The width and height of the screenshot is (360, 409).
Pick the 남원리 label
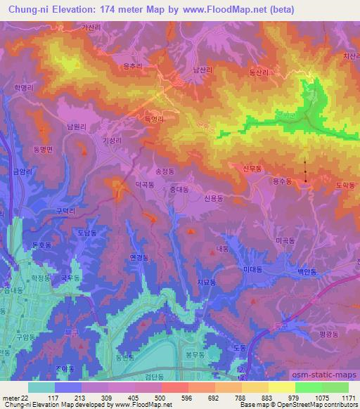(x=75, y=126)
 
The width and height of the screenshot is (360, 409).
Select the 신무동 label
(x=252, y=168)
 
